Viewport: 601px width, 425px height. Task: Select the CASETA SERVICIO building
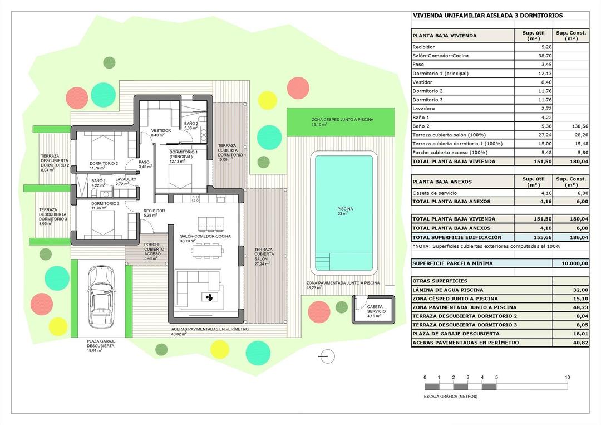pos(373,309)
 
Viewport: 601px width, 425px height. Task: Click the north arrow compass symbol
pos(327,355)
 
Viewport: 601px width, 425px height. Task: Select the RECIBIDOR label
pos(154,211)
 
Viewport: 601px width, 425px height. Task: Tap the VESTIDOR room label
pos(161,131)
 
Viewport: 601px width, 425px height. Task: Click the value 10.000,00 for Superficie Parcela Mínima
pos(571,263)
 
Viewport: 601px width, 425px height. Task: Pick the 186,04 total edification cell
pos(571,237)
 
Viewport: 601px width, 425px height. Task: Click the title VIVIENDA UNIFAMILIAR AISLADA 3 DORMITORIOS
pos(487,16)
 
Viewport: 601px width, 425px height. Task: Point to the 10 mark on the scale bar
pos(567,378)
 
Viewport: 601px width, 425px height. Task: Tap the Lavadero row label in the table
pos(423,108)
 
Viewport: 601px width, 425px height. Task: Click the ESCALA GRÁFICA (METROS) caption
pos(451,397)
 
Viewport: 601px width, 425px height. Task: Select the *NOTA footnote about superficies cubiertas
pos(486,246)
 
